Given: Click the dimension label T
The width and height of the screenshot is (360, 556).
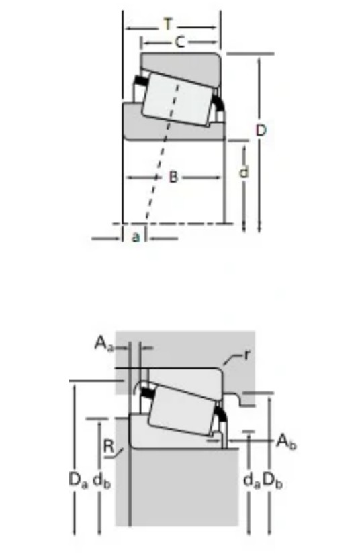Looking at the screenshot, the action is tap(168, 25).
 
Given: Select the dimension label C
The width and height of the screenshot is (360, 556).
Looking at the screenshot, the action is tap(180, 42).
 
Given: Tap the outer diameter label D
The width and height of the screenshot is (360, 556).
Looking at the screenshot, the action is tap(261, 131).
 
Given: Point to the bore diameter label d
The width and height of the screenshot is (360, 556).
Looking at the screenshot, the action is tap(244, 173).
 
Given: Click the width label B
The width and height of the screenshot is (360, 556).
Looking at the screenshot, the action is tap(173, 177).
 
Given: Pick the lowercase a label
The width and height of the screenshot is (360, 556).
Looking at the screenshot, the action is tap(135, 236).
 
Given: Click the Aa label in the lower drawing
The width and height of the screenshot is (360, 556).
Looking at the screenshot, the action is tap(103, 343).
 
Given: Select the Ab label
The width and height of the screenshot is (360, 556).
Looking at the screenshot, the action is tap(287, 442).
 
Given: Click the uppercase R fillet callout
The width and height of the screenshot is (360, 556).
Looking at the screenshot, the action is tap(109, 446).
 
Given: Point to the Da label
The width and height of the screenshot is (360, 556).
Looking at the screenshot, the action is tap(78, 481).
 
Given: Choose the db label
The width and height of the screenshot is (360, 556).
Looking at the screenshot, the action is tap(101, 481).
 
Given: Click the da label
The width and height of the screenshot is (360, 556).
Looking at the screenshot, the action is tap(251, 481).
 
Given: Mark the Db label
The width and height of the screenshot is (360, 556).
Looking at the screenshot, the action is tap(273, 481).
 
